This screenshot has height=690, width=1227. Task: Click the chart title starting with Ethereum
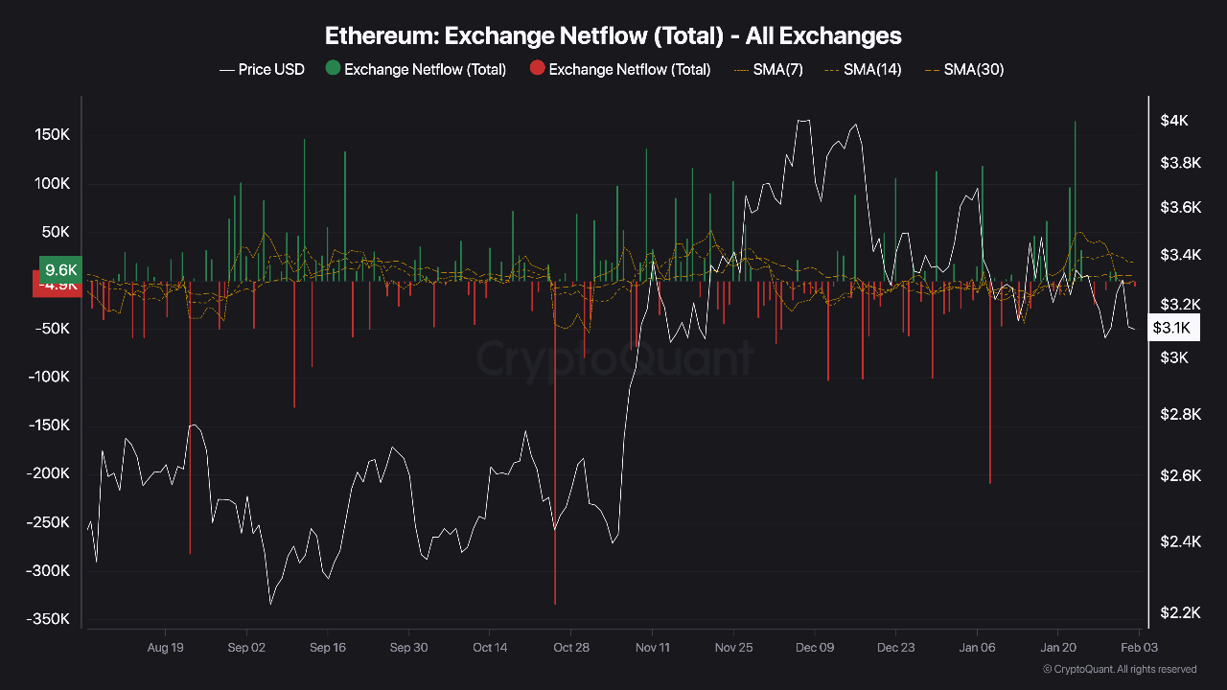pos(613,36)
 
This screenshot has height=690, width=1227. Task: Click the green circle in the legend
pos(333,68)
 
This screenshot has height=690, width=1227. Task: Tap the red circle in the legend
pos(537,68)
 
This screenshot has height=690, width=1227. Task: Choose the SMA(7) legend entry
pos(768,69)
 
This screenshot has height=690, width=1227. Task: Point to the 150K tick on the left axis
pos(52,135)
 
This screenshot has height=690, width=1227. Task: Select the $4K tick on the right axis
pos(1174,121)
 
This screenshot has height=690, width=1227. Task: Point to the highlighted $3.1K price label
pos(1171,328)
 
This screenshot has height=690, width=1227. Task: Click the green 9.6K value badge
pos(60,269)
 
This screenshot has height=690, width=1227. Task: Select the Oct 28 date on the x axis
pos(571,647)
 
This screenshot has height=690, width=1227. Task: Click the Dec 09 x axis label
pos(815,647)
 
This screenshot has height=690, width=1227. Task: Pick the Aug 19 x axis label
pos(165,647)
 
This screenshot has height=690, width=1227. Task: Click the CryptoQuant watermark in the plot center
pos(613,359)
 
